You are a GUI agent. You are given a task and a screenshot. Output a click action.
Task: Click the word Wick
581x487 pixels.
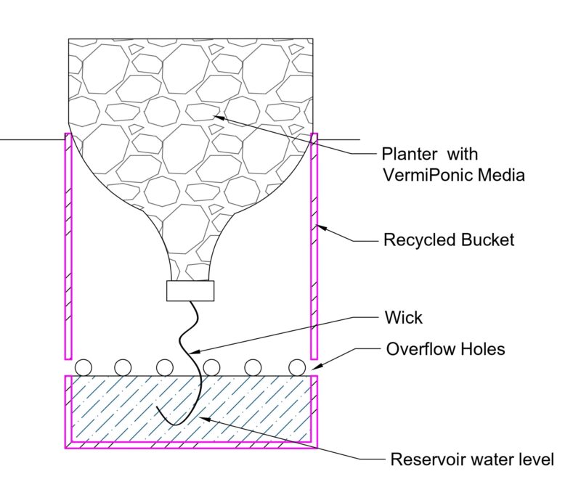point(403,317)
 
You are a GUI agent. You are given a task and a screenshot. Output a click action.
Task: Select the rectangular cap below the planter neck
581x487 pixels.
point(190,291)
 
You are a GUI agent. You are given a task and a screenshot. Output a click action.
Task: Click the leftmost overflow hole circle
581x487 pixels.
point(83,368)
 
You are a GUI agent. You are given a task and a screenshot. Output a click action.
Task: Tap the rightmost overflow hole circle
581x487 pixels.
point(297,368)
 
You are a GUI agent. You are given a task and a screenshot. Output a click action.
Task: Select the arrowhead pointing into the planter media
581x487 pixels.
point(219,118)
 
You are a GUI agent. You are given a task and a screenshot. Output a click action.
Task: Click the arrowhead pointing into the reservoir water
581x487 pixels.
point(206,419)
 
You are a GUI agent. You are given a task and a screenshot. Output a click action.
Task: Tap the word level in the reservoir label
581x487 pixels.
point(538,459)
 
